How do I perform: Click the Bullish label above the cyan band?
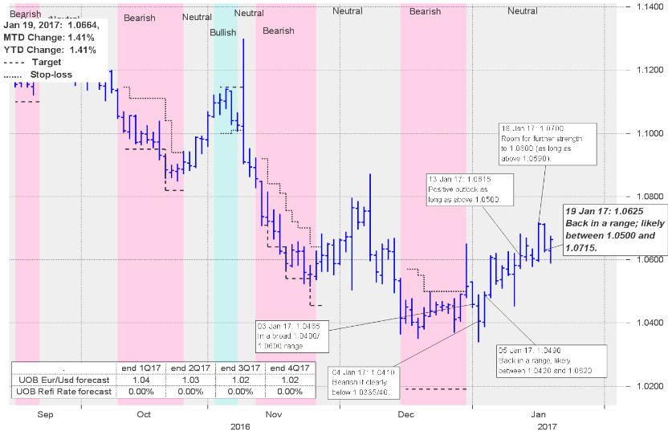point(223,32)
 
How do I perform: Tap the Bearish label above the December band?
point(425,11)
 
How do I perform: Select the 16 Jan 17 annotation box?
point(544,144)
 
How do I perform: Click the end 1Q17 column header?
point(140,367)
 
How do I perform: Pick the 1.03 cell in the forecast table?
point(189,379)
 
